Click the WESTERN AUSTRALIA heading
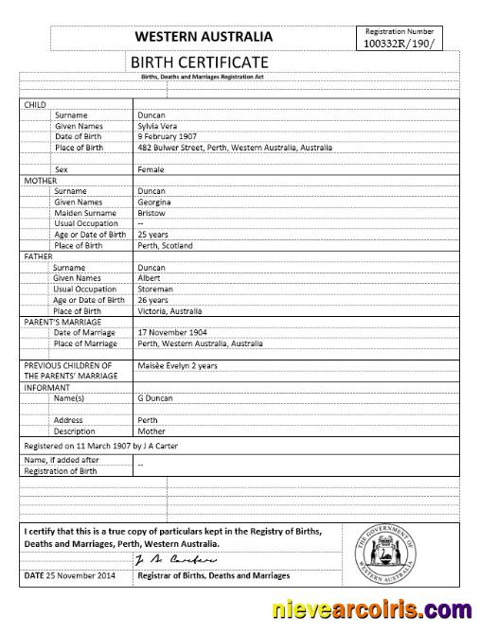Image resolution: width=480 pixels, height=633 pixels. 204,37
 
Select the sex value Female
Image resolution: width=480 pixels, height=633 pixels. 151,169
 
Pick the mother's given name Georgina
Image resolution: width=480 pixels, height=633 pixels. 155,202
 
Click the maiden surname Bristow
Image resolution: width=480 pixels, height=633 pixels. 151,213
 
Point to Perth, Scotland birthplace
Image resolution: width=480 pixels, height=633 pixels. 166,245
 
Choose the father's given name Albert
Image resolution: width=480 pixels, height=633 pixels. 150,278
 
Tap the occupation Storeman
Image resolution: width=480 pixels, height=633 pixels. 155,289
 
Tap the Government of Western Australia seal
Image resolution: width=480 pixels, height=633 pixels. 392,550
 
